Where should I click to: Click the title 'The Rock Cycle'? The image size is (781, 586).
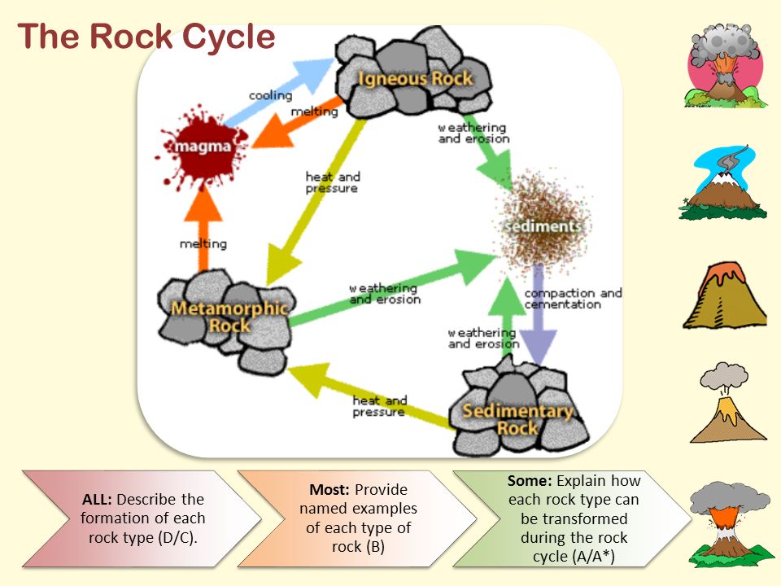146,37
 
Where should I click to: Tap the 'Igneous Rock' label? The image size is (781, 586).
415,79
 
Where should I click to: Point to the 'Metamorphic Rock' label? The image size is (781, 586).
229,317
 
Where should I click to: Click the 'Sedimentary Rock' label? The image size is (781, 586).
517,419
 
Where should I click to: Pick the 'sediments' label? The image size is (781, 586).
543,226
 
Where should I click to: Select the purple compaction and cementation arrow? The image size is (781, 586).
538,315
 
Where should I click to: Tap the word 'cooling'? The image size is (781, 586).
270,95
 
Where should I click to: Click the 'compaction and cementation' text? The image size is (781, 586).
573,299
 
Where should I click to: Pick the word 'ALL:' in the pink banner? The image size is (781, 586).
97,499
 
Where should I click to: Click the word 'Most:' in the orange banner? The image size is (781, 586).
329,490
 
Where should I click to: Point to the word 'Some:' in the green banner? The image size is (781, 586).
530,481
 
